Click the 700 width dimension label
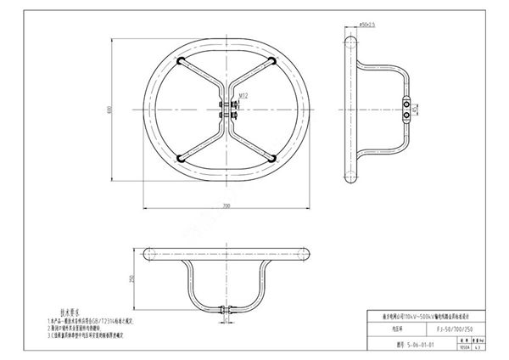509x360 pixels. [x=227, y=206]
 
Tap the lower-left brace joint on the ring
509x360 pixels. [x=180, y=157]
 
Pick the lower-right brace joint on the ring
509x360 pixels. [x=271, y=157]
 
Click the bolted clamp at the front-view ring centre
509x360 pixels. [x=227, y=110]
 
